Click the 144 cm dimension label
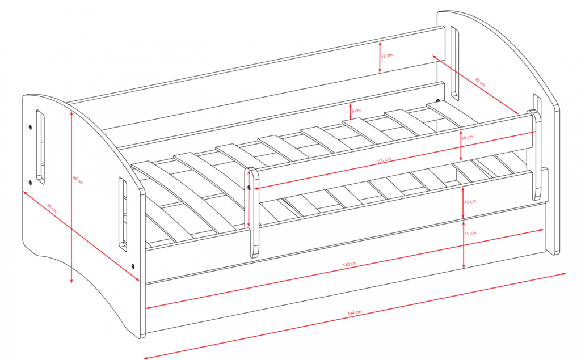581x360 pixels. (x=354, y=312)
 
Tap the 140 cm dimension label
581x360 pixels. (x=350, y=264)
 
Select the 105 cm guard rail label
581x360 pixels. (x=384, y=160)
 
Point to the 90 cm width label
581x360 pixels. (x=52, y=208)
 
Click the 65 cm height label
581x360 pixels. (x=78, y=180)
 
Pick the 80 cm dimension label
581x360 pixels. (x=480, y=82)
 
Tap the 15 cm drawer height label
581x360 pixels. (x=470, y=234)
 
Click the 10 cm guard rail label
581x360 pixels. (x=468, y=137)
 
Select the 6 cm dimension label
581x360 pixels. (x=356, y=111)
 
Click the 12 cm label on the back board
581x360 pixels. (x=387, y=56)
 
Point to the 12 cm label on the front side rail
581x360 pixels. (x=470, y=202)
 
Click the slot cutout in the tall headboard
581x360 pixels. (x=454, y=63)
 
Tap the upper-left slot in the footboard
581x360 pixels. (x=40, y=147)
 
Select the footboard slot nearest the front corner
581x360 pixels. (x=123, y=214)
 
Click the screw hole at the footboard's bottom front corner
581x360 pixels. (x=133, y=266)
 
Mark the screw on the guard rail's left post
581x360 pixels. (x=249, y=188)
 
